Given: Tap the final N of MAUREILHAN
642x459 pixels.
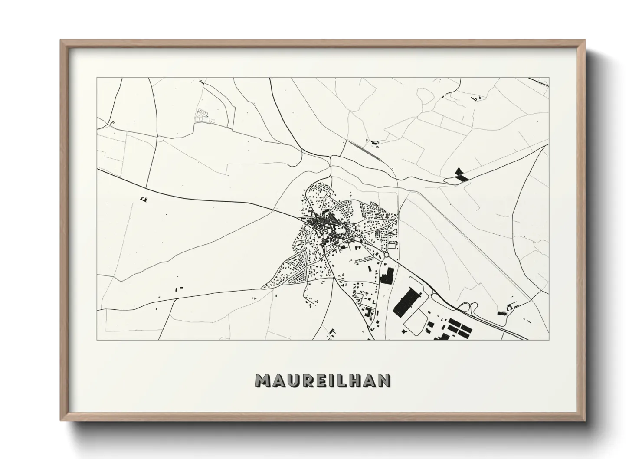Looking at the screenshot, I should (383, 380).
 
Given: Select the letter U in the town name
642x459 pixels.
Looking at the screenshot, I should (293, 380).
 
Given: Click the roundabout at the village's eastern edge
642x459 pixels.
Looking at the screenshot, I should (386, 255).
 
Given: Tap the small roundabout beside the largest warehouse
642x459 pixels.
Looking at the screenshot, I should (430, 296).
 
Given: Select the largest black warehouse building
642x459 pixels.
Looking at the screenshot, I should (407, 302).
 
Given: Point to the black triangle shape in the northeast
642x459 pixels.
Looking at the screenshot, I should (459, 170).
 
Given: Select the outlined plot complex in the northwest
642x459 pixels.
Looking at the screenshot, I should (202, 115).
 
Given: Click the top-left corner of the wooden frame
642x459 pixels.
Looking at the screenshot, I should (61, 41).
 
